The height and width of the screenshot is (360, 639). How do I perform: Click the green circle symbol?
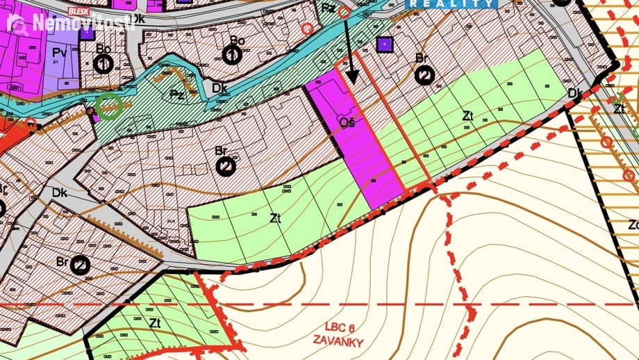tap(109, 106)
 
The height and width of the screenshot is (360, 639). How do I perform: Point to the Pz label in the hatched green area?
tap(177, 95)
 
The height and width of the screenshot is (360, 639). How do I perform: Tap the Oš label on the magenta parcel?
tap(348, 123)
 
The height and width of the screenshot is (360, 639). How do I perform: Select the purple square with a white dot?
tap(383, 45)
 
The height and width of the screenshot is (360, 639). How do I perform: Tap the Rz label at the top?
tap(329, 8)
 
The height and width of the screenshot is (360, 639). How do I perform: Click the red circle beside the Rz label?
tap(344, 11)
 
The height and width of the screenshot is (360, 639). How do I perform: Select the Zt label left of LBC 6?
tap(155, 322)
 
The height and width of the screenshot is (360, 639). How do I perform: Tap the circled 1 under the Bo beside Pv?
tap(103, 65)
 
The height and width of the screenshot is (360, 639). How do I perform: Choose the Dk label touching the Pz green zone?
tap(220, 88)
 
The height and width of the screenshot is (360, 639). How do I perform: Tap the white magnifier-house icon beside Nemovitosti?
tap(17, 24)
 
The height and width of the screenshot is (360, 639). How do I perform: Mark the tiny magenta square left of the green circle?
tap(94, 117)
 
